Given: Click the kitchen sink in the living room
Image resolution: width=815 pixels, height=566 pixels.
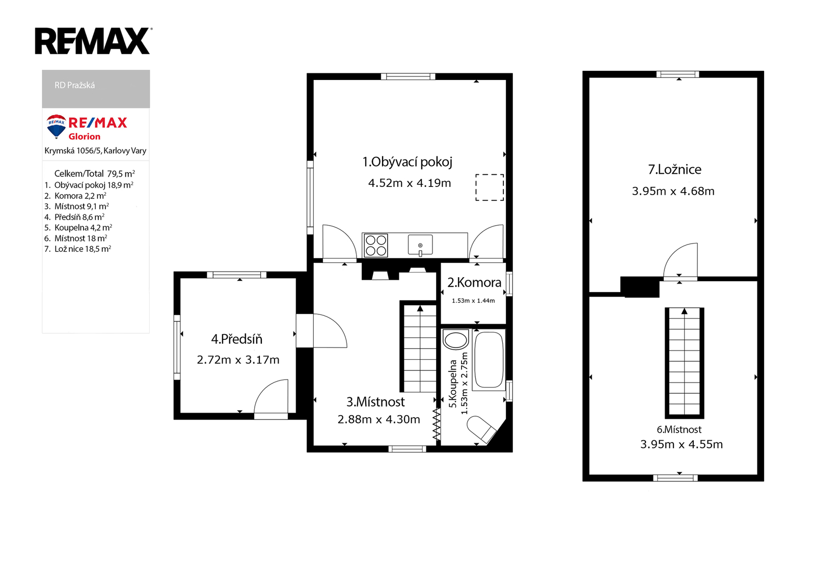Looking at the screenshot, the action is pos(420,245).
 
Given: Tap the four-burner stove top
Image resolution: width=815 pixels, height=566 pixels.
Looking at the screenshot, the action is pos(376,246).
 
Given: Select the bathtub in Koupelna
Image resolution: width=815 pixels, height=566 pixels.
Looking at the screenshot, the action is pos(489,360).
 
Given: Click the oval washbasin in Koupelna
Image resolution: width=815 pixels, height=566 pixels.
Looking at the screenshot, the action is pos(455,340).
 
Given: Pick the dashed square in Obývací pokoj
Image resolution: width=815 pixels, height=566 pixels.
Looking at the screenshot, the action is pos(490,187).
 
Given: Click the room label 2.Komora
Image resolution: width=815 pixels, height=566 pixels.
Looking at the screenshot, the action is pos(474,282).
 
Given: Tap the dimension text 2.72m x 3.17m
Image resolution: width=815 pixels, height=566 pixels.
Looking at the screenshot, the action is pos(238,360).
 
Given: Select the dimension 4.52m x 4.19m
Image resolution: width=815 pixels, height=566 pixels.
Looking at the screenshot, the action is pos(410,183).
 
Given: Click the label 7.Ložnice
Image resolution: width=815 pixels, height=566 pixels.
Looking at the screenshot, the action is pos(674,170).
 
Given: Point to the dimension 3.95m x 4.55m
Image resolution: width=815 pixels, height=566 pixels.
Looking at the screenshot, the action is pos(682,444).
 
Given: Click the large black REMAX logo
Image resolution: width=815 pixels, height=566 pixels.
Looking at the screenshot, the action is pos(93,41).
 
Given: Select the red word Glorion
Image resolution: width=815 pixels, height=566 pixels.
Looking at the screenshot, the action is pos(85,137).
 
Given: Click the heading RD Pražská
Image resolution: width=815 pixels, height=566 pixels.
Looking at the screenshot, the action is pos(74,85).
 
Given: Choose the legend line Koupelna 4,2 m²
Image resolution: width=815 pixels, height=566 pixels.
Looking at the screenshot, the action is pos(83,228).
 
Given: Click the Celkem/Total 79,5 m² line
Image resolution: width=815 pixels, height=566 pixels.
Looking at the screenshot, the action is pos(95,173).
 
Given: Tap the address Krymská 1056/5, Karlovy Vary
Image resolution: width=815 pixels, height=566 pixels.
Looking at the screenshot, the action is pos(95,151).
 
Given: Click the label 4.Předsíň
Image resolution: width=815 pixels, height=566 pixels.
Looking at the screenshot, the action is pos(237,339).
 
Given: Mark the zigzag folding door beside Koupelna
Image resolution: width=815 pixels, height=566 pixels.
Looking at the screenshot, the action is pos(437,424).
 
